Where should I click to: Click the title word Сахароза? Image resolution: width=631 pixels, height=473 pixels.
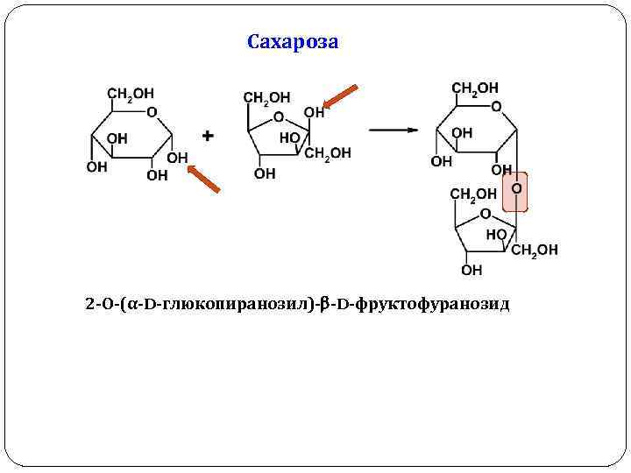pos(293,42)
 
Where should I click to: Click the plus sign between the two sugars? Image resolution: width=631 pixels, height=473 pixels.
pos(208,136)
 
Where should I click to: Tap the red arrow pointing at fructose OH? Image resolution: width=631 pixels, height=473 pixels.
pos(341,98)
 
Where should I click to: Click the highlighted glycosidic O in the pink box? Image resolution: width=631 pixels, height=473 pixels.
pos(516,188)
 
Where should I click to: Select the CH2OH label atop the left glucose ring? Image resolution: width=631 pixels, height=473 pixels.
pos(131,93)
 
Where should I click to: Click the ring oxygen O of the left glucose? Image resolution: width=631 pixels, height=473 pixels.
pos(152,112)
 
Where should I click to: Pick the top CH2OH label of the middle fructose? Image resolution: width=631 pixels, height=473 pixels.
pos(266,97)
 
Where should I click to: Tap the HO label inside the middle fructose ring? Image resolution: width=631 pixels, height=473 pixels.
pos(290,138)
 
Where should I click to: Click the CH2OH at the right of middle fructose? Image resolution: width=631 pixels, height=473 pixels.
pos(328,152)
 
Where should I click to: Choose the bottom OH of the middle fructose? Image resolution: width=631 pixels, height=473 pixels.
pos(265,173)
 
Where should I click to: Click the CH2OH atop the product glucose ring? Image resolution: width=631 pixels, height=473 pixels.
pos(475,88)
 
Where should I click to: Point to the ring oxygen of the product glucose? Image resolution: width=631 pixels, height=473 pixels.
pos(496,107)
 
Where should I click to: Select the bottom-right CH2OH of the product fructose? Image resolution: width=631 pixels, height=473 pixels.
pos(535,250)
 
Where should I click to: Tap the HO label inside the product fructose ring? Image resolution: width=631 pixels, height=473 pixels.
pos(496,235)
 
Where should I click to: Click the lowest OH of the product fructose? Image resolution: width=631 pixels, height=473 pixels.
pos(471,270)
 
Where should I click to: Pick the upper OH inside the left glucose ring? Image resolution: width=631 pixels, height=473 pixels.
pos(117,138)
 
